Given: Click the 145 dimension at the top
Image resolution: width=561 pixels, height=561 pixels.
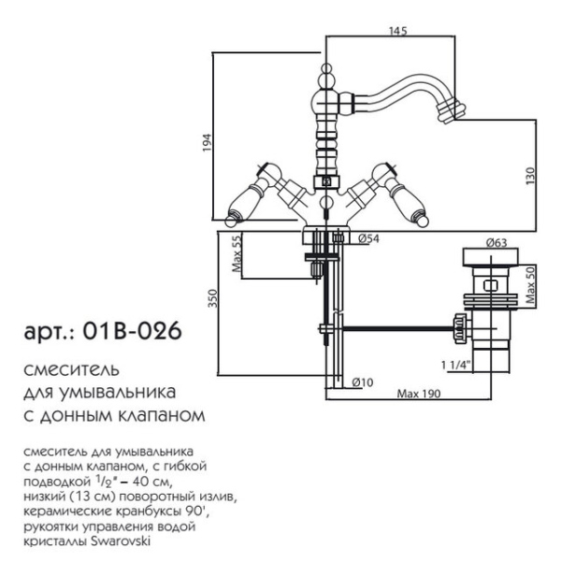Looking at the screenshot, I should [398, 31].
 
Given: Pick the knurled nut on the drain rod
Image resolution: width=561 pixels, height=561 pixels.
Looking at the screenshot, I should [458, 328].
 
